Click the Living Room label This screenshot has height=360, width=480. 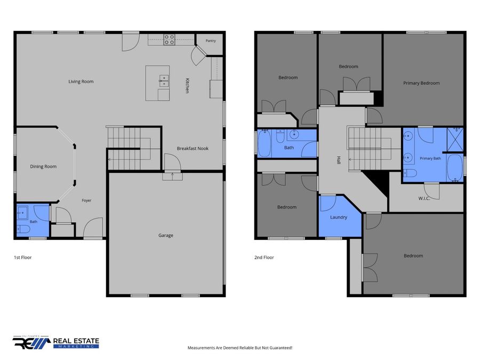tap(81, 82)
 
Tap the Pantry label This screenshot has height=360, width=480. tap(211, 41)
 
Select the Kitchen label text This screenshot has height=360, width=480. tap(187, 85)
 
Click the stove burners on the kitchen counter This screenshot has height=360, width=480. tap(169, 40)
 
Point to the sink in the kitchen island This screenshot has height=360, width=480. tap(164, 81)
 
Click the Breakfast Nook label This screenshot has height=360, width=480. tap(193, 148)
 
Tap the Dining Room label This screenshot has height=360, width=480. tap(43, 166)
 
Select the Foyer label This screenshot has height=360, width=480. tap(86, 201)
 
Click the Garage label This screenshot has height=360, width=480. tap(166, 235)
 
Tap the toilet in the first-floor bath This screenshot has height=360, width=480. tap(23, 229)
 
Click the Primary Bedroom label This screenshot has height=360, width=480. tap(421, 83)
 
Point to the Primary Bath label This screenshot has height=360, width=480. tap(430, 158)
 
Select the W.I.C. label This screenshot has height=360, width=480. tap(424, 198)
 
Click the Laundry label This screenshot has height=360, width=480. tap(339, 218)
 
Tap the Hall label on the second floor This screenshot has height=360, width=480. tap(339, 160)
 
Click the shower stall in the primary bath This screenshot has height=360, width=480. tap(455, 140)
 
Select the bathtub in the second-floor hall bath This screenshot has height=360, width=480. tap(264, 143)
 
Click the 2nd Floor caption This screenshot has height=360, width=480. tap(264, 258)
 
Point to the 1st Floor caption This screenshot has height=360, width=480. tap(22, 258)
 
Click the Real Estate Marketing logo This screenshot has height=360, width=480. tap(55, 342)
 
